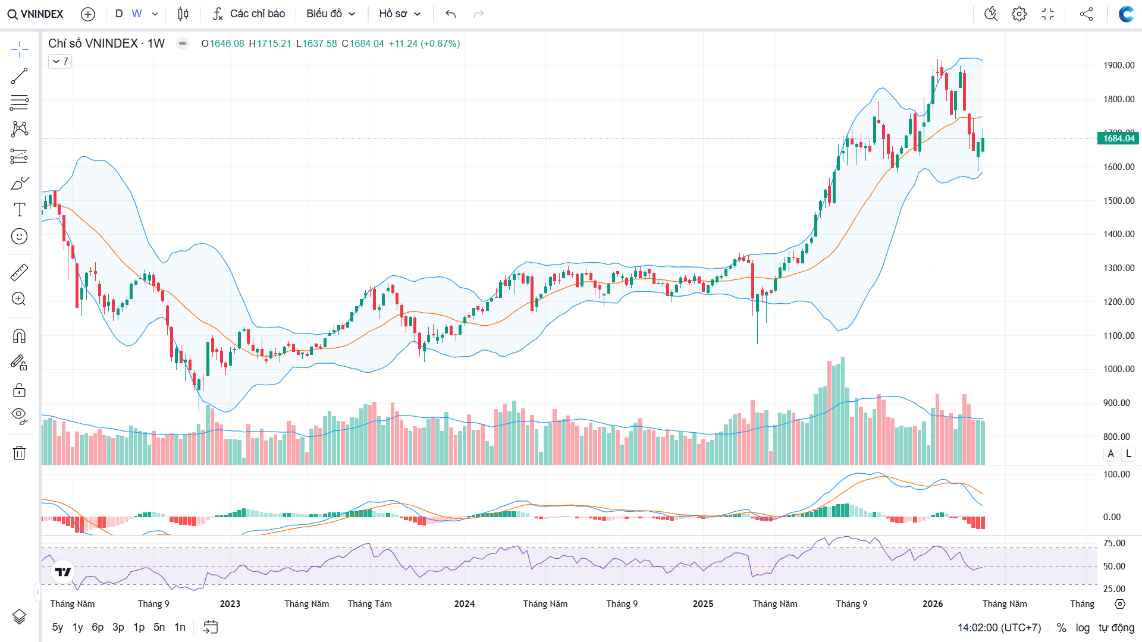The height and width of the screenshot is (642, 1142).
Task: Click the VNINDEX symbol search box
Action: [36, 14]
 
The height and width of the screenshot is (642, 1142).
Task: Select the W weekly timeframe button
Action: [137, 14]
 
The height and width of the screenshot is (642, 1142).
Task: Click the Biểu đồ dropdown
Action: [331, 14]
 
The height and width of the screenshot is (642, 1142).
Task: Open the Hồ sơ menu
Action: [400, 14]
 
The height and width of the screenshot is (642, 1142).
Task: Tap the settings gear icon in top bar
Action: [1019, 14]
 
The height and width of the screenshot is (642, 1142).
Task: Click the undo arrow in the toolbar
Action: [451, 14]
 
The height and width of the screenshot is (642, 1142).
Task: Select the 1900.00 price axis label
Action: [1119, 65]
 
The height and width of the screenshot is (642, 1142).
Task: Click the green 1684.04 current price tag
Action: [1118, 139]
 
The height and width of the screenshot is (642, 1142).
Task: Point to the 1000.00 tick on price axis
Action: [1119, 369]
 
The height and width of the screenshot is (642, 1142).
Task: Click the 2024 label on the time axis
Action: [465, 604]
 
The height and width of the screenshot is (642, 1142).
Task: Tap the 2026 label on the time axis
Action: [933, 604]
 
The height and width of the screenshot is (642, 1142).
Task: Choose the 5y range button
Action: [58, 627]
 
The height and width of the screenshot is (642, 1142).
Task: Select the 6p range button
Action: [98, 627]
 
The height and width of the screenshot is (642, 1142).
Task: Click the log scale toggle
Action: [1083, 628]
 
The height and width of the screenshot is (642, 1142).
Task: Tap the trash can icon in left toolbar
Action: [19, 453]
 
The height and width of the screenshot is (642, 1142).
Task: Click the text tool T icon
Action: [19, 210]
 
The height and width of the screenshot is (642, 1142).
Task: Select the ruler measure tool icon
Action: [19, 272]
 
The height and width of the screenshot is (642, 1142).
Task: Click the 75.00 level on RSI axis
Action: [1114, 543]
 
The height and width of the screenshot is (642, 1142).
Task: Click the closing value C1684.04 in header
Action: [363, 43]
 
